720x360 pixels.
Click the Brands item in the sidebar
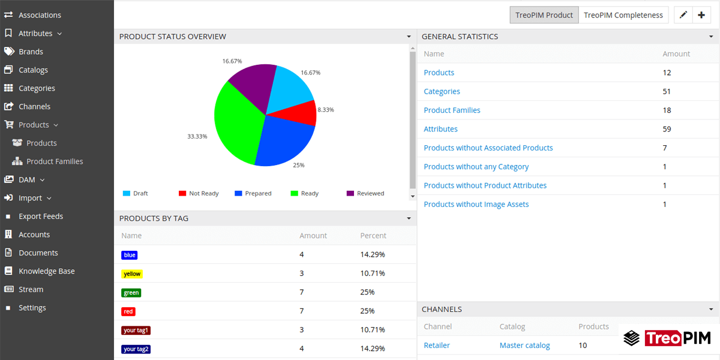[x=31, y=52]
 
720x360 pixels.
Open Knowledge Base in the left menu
[x=46, y=271]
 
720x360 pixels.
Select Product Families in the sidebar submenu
[x=55, y=161]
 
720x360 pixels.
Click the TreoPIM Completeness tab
[x=623, y=15]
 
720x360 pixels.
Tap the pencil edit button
[x=683, y=15]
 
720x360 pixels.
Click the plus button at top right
[x=701, y=15]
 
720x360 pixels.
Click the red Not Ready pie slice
[x=303, y=112]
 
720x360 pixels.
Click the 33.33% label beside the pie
[x=197, y=136]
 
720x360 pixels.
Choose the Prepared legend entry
[x=257, y=193]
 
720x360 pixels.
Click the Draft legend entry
[x=140, y=193]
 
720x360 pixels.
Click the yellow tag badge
[x=131, y=274]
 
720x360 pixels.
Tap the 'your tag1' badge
[x=136, y=330]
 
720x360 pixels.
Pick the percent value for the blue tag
[x=372, y=254]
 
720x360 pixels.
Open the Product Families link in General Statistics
[x=452, y=110]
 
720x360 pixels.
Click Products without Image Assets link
[x=476, y=205]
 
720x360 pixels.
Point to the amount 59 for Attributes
[x=667, y=129]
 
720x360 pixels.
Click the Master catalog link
[x=524, y=346]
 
